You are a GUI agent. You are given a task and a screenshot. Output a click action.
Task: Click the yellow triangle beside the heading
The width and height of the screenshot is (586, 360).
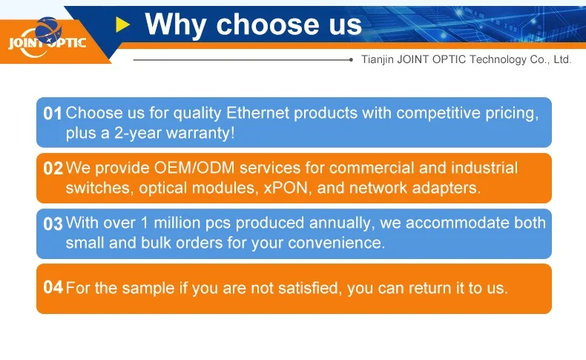coord(122,24)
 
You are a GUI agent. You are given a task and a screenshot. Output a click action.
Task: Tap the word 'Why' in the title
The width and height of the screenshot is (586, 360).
coord(175,24)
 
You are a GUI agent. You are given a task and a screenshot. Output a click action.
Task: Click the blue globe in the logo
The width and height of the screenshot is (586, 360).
coord(48,30)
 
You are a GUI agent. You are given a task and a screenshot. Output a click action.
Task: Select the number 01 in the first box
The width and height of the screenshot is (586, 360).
coord(53,114)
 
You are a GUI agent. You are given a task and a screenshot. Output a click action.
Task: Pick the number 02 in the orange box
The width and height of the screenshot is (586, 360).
coord(53,168)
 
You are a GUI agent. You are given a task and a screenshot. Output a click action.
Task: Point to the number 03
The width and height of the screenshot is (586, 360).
coord(53,223)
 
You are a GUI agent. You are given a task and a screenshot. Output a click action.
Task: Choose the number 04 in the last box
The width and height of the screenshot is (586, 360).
coord(53,287)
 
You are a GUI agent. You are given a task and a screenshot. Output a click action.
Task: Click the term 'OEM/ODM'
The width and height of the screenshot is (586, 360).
coord(194,168)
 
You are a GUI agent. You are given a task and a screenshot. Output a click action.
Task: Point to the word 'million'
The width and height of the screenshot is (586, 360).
coord(177,223)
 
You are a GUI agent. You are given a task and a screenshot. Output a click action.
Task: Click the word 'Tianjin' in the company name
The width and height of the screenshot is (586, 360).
coord(377,60)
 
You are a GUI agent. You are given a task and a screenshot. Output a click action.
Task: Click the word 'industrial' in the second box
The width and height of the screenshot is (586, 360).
coord(484,168)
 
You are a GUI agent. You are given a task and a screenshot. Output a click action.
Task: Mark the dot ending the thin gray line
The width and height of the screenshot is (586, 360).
coord(351,60)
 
